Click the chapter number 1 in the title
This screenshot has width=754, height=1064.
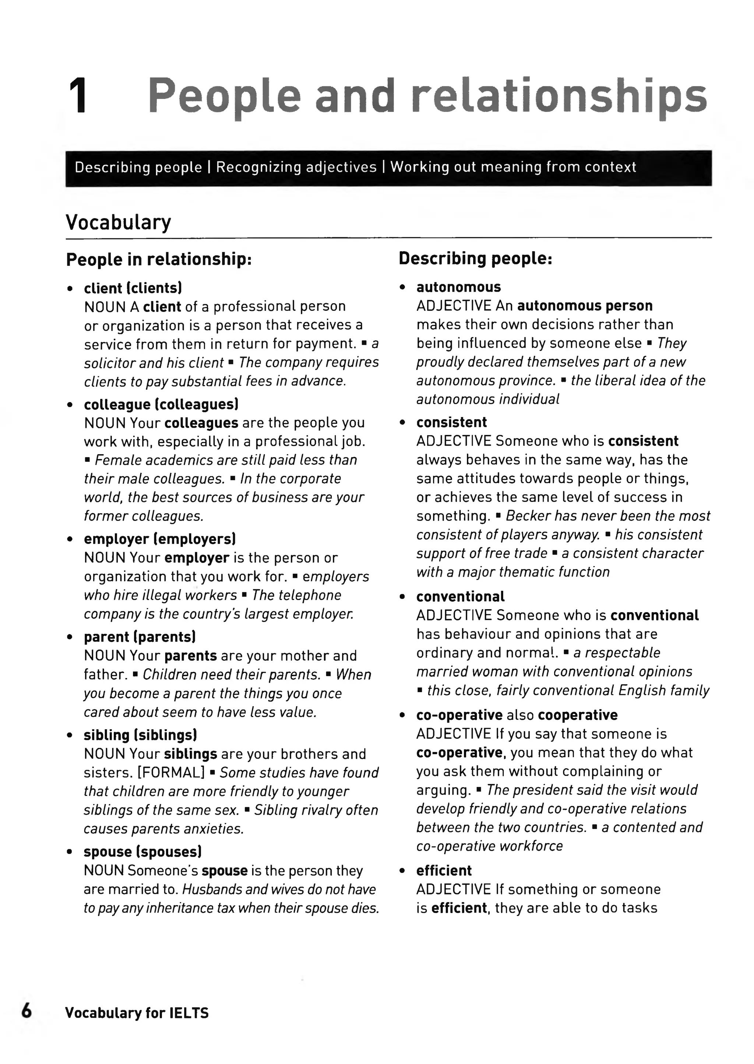tap(79, 96)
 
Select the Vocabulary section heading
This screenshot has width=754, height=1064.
tap(119, 222)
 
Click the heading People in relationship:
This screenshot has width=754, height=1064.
tap(159, 259)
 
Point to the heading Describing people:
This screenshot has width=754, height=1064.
tap(475, 258)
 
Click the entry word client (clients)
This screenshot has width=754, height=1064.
tap(133, 288)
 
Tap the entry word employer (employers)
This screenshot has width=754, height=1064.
tap(160, 539)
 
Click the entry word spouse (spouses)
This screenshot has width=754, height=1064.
tap(142, 851)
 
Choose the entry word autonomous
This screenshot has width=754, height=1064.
tap(458, 287)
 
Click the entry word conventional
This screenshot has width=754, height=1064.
tap(460, 596)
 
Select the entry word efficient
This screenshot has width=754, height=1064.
tap(444, 870)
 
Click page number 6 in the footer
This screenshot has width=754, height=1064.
tap(27, 1011)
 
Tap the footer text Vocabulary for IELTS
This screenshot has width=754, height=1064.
tap(137, 1012)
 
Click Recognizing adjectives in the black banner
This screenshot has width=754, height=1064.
tap(296, 167)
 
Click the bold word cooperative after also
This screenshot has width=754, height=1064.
tap(578, 715)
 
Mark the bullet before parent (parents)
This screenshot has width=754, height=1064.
tap(70, 638)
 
